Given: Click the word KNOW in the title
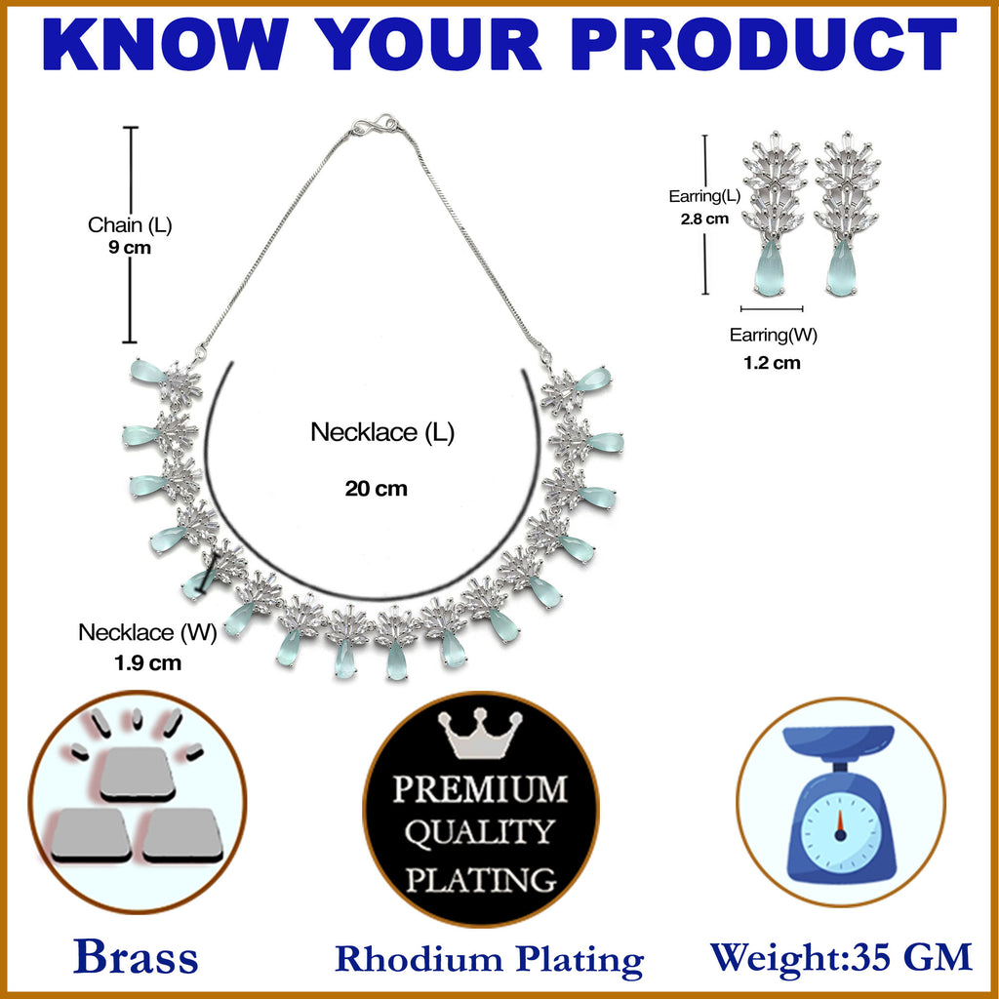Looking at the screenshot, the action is coord(165,44).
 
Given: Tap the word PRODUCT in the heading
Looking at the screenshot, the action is coord(764,44).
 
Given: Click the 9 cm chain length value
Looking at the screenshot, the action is coord(130,247).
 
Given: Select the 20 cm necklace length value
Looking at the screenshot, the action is coord(376,489).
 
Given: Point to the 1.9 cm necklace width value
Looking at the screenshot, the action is coord(148,663).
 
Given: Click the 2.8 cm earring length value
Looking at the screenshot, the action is coord(704,220).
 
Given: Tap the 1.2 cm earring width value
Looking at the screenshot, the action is coord(772,363).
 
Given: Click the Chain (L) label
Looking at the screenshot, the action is coord(130,225).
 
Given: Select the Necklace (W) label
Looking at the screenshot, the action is coord(148,632).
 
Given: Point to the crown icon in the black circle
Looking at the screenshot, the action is coord(480,734).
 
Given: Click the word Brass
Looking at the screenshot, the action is coord(136,957).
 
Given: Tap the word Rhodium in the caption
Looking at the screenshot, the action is coord(418,959).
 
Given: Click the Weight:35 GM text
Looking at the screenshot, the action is coord(841,957).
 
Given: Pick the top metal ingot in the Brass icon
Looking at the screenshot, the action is coord(137,774).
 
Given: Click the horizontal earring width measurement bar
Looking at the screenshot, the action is coord(772,309).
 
